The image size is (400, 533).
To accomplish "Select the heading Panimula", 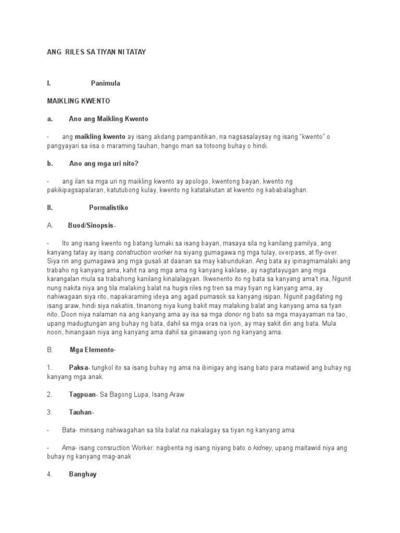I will (106, 83).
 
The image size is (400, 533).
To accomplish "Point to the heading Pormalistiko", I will (108, 207).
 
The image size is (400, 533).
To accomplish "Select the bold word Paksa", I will (79, 368).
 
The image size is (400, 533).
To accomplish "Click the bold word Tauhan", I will (81, 412).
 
